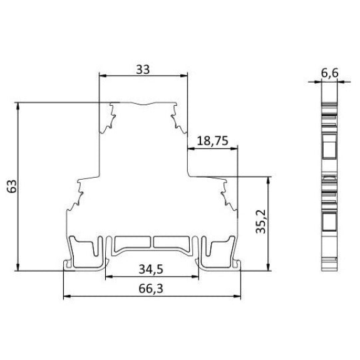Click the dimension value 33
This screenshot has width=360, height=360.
(143, 69)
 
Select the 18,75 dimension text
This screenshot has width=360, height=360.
(213, 141)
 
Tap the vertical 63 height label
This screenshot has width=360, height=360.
(12, 186)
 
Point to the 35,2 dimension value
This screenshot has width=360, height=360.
(260, 222)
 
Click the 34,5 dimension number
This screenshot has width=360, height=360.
(151, 269)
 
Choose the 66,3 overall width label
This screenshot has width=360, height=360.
(151, 289)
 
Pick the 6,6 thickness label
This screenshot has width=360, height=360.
(329, 73)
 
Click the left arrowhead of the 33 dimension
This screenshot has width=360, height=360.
(103, 76)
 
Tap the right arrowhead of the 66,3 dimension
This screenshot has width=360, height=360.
(237, 296)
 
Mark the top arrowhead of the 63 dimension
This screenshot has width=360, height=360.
(18, 106)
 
